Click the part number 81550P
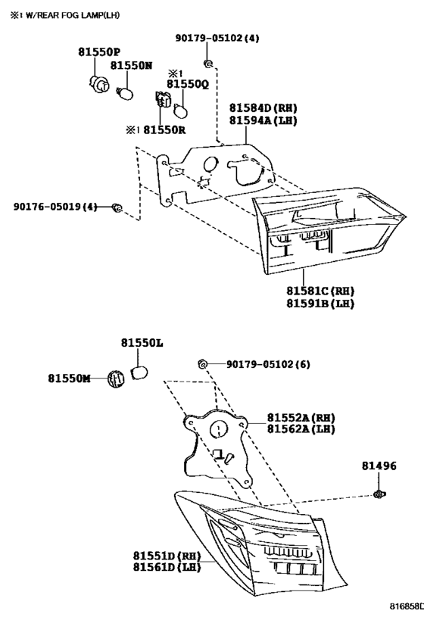99,51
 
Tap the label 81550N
131,65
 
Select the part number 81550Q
188,84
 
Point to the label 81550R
164,129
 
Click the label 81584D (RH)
263,108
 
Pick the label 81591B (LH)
320,304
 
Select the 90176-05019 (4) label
55,207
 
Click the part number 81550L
142,343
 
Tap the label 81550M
69,379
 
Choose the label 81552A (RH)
301,418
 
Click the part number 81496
379,466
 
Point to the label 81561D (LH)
167,567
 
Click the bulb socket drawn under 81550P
98,83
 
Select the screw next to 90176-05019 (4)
117,207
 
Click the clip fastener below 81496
379,494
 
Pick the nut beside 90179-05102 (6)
203,364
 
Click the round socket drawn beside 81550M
116,379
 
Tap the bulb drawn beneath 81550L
139,372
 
